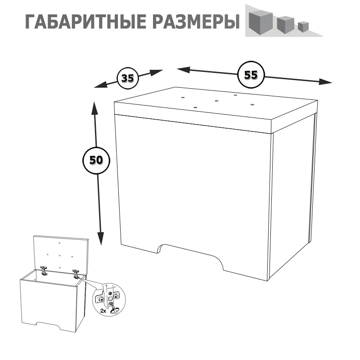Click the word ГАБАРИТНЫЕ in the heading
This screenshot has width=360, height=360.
(85, 22)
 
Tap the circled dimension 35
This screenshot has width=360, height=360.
(128, 78)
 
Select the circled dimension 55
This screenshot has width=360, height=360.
(251, 75)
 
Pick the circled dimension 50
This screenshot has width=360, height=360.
(96, 160)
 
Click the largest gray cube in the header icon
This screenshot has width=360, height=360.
(261, 23)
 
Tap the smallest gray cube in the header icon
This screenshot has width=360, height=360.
(303, 27)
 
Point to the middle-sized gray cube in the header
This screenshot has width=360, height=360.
(285, 25)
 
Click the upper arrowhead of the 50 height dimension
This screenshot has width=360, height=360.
(94, 108)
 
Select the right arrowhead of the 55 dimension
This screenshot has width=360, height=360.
(325, 82)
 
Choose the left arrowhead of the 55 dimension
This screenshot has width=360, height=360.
(184, 70)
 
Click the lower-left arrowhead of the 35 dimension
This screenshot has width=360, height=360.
(100, 85)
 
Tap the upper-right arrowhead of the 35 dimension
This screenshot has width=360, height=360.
(157, 72)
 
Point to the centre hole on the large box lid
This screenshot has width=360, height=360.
(216, 101)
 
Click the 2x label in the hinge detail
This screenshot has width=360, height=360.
(103, 311)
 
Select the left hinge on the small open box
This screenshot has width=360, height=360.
(44, 271)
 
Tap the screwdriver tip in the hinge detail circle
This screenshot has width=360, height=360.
(111, 305)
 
